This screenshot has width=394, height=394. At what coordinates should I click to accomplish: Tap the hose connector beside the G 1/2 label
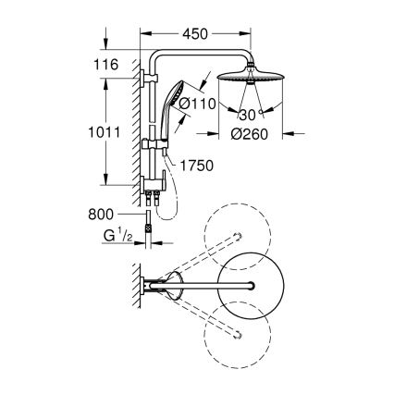coord(155,231)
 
